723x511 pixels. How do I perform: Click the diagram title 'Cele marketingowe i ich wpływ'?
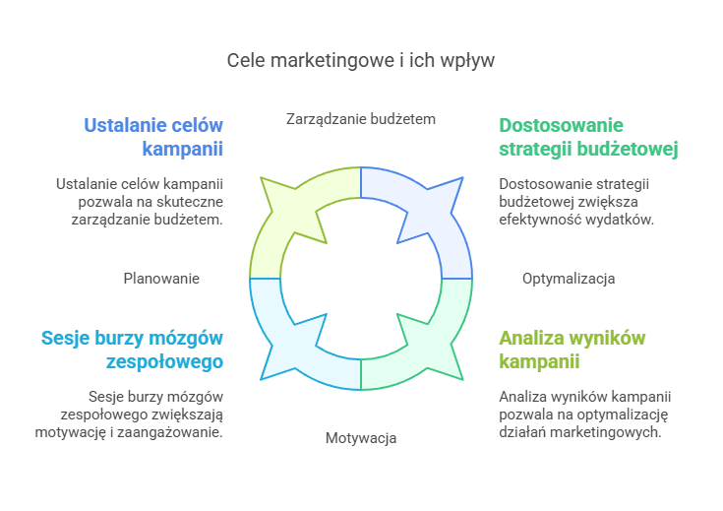(x=361, y=60)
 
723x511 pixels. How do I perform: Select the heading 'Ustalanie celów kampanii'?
(x=153, y=138)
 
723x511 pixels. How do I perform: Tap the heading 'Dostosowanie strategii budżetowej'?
(x=588, y=138)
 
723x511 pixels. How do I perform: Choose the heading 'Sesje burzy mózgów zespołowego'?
(x=132, y=350)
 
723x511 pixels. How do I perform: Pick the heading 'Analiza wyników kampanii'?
(x=572, y=350)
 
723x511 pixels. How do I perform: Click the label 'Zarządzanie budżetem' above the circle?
(x=361, y=119)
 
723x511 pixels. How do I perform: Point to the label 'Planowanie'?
(x=161, y=279)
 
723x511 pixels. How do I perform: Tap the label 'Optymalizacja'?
(x=569, y=279)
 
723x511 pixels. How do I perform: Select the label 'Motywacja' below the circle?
(x=361, y=437)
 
